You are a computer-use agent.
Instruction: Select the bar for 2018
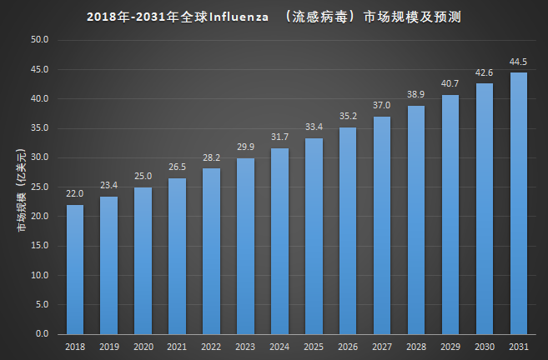pos(75,269)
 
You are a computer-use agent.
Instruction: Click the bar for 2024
pos(279,241)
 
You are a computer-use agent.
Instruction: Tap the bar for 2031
pos(519,203)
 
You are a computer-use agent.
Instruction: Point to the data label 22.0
pos(75,193)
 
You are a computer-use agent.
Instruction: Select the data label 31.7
pos(279,137)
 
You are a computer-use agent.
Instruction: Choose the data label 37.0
pos(382,105)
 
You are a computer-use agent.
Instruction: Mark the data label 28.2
pos(211,157)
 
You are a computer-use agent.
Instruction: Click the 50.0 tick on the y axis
pos(40,40)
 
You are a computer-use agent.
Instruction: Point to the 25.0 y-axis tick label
pos(40,187)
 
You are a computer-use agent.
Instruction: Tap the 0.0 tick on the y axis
pos(43,333)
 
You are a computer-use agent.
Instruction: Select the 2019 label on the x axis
pos(108,347)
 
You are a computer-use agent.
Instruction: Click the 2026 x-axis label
pos(348,347)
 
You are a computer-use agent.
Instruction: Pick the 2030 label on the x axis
pos(485,347)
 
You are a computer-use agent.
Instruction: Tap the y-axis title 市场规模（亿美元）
pos(20,187)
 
